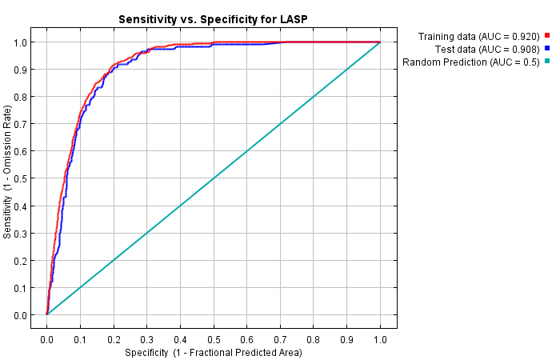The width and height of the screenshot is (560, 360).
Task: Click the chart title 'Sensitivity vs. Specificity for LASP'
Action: click(x=214, y=18)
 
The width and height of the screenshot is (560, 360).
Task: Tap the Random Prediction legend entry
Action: click(x=471, y=62)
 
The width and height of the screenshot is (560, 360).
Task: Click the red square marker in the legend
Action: click(x=547, y=36)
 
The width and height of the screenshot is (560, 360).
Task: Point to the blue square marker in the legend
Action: click(x=547, y=49)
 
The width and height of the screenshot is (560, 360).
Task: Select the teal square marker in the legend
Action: click(x=547, y=62)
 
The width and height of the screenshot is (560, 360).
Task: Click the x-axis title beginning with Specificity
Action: click(x=214, y=353)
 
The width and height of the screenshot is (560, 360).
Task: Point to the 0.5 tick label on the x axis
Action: click(x=214, y=340)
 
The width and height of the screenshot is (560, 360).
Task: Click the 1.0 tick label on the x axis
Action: click(x=380, y=340)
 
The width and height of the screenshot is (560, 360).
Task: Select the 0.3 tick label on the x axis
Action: click(x=147, y=340)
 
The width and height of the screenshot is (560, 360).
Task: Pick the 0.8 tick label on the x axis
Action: click(x=314, y=340)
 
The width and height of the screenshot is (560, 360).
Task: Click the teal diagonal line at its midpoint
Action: click(x=214, y=178)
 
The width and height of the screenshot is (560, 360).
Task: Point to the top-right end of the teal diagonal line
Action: click(x=379, y=42)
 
